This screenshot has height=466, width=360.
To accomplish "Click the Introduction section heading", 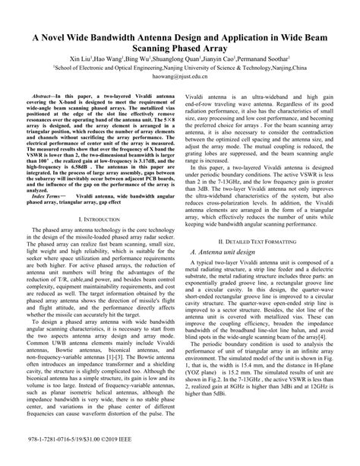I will click(x=102, y=219).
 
